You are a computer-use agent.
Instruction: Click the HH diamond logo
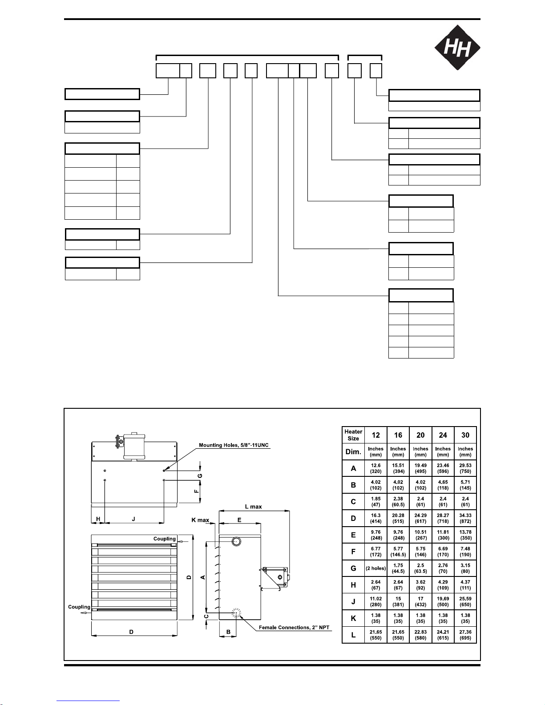click(x=457, y=47)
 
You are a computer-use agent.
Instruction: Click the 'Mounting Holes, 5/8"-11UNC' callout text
click(x=234, y=445)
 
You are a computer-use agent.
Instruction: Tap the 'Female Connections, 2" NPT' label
click(x=294, y=628)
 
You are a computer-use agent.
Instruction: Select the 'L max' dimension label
click(x=253, y=507)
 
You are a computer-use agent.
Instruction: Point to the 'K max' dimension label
click(x=200, y=520)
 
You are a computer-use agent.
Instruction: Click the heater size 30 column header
click(x=465, y=435)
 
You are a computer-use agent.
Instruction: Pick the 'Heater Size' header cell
click(x=353, y=435)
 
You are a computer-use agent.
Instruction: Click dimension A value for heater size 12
click(x=375, y=468)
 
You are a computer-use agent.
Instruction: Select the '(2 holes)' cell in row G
click(x=375, y=568)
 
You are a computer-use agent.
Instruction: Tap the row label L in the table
click(x=353, y=635)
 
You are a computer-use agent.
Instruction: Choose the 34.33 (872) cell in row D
click(x=465, y=518)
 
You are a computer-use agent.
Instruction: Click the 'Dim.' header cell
click(x=353, y=451)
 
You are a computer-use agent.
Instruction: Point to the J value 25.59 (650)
click(x=465, y=601)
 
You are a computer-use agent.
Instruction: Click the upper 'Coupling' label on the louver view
click(x=165, y=539)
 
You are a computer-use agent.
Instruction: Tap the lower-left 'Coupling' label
click(x=79, y=607)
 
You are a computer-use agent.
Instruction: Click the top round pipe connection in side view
click(x=237, y=541)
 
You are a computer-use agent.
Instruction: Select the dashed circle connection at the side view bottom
click(x=236, y=613)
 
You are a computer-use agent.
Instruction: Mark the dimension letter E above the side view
click(x=239, y=520)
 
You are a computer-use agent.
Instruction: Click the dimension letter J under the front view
click(x=133, y=519)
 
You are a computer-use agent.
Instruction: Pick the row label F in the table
click(x=353, y=552)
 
